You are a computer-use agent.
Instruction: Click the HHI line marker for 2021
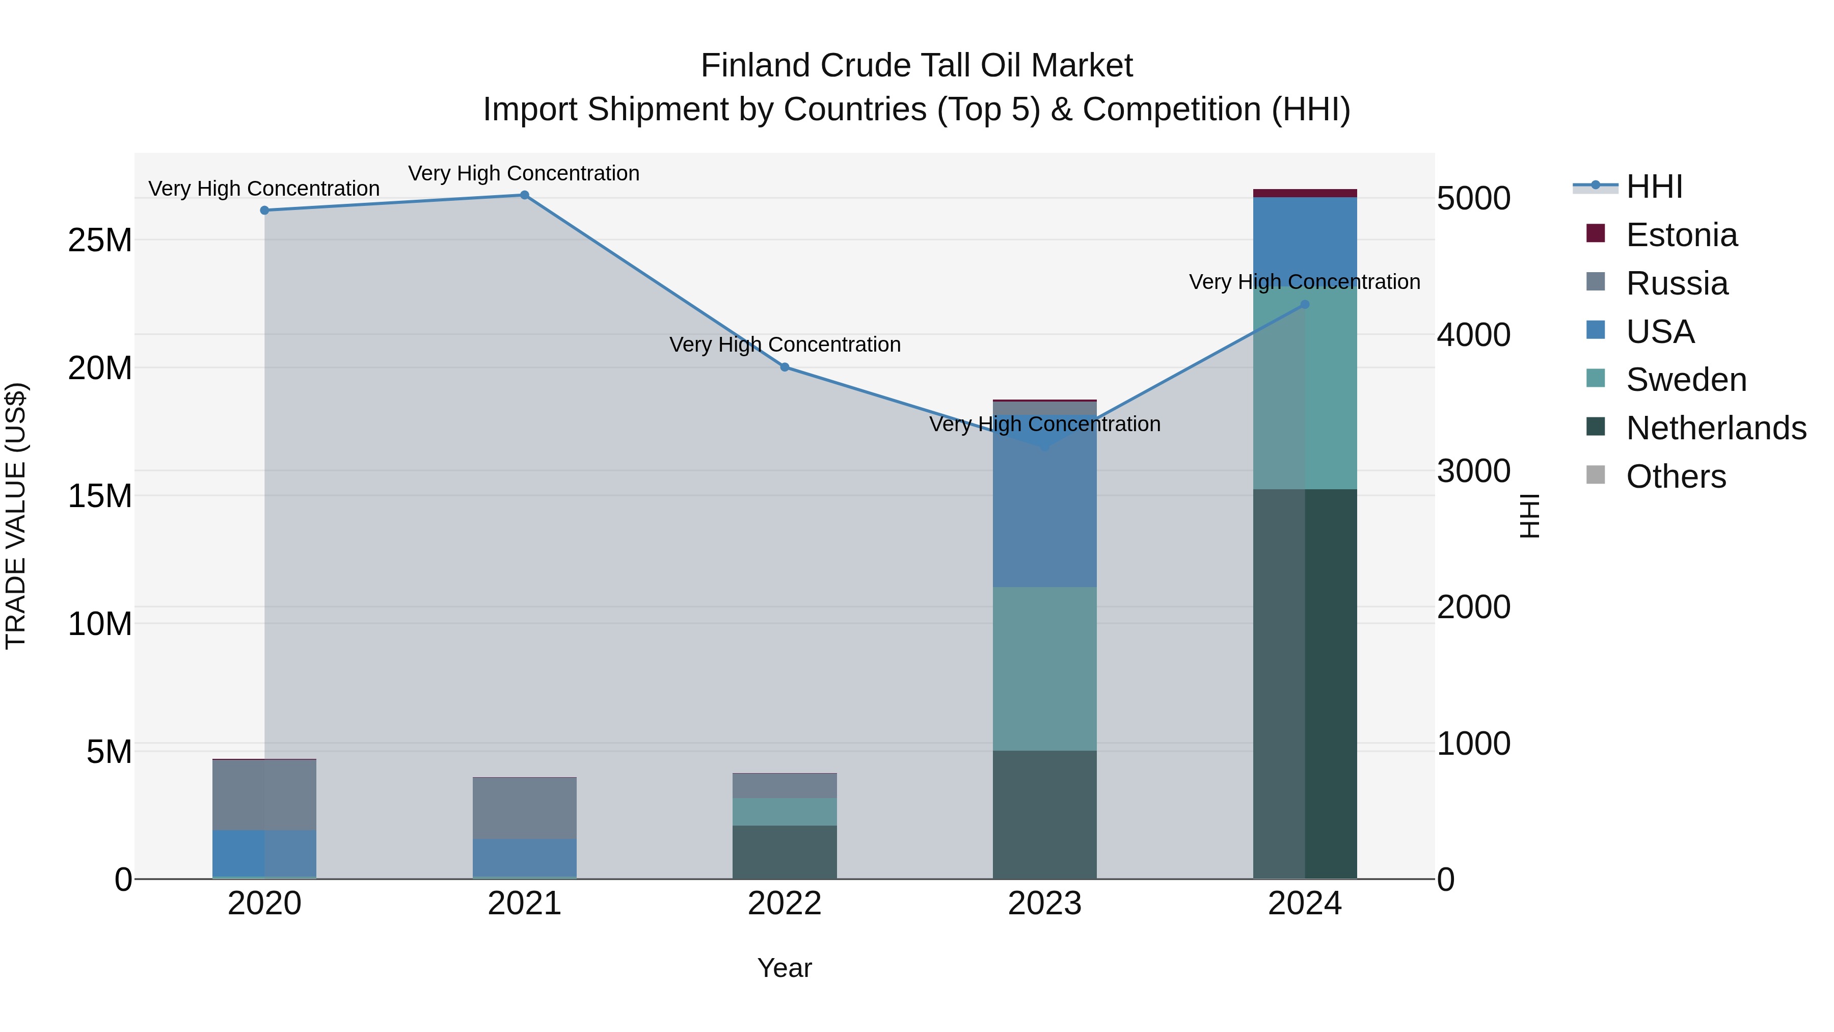coord(524,195)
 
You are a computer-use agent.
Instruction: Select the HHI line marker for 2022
coord(785,367)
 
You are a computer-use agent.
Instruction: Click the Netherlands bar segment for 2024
coord(1305,684)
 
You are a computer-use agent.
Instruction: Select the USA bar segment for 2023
coord(1044,513)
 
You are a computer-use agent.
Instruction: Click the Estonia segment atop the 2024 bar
coord(1305,193)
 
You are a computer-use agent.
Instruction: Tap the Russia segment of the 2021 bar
coord(524,808)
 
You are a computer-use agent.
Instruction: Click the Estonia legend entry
coord(1682,235)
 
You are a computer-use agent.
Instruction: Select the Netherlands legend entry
coord(1716,428)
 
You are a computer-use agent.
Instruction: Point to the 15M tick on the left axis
coord(100,496)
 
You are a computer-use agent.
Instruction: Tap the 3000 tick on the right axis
coord(1473,471)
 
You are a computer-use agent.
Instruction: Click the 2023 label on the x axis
coord(1044,904)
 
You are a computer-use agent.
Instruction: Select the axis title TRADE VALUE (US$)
coord(16,516)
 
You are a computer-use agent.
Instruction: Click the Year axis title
coord(785,968)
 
